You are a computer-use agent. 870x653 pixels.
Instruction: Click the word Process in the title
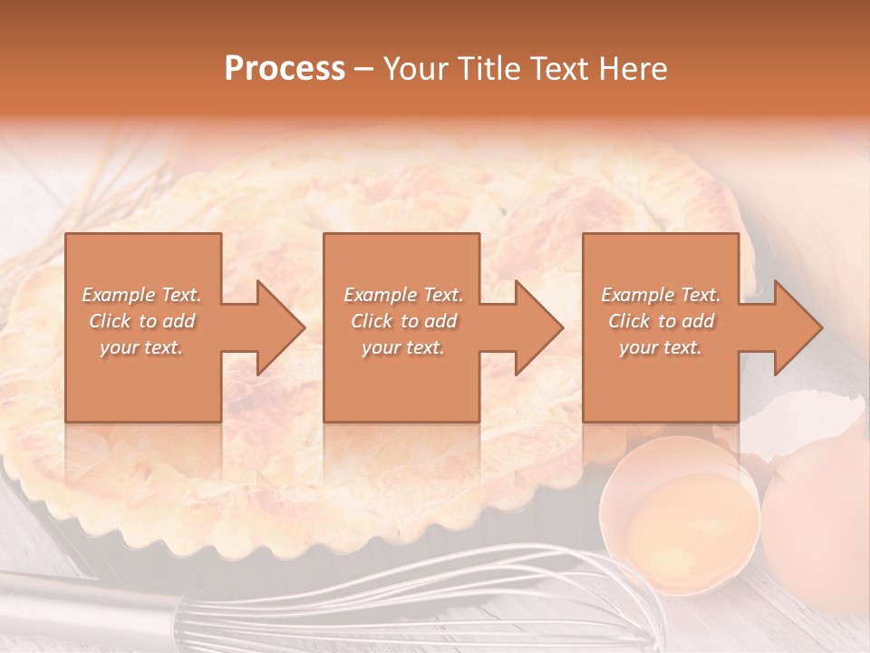click(285, 69)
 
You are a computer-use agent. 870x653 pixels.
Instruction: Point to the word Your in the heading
click(414, 69)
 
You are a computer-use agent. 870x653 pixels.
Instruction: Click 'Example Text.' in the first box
click(141, 295)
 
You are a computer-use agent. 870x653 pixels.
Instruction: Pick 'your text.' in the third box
click(660, 347)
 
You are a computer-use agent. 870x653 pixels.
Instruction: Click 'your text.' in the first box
click(141, 347)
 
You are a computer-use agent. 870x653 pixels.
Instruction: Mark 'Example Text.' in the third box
click(661, 295)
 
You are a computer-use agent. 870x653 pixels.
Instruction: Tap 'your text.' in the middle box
click(402, 347)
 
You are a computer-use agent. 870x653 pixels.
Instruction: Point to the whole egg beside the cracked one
click(816, 526)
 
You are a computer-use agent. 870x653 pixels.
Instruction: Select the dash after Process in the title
click(364, 69)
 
